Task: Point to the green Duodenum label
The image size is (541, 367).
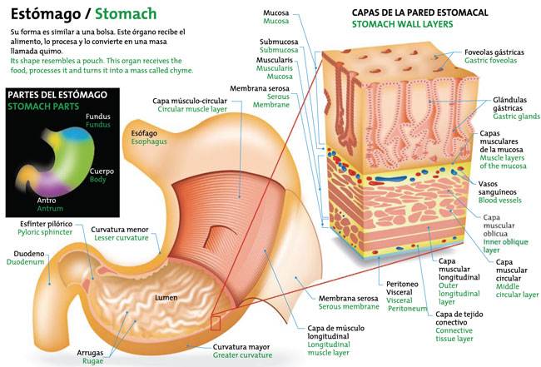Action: (x=26, y=261)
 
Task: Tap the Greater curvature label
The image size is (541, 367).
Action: (x=242, y=355)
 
